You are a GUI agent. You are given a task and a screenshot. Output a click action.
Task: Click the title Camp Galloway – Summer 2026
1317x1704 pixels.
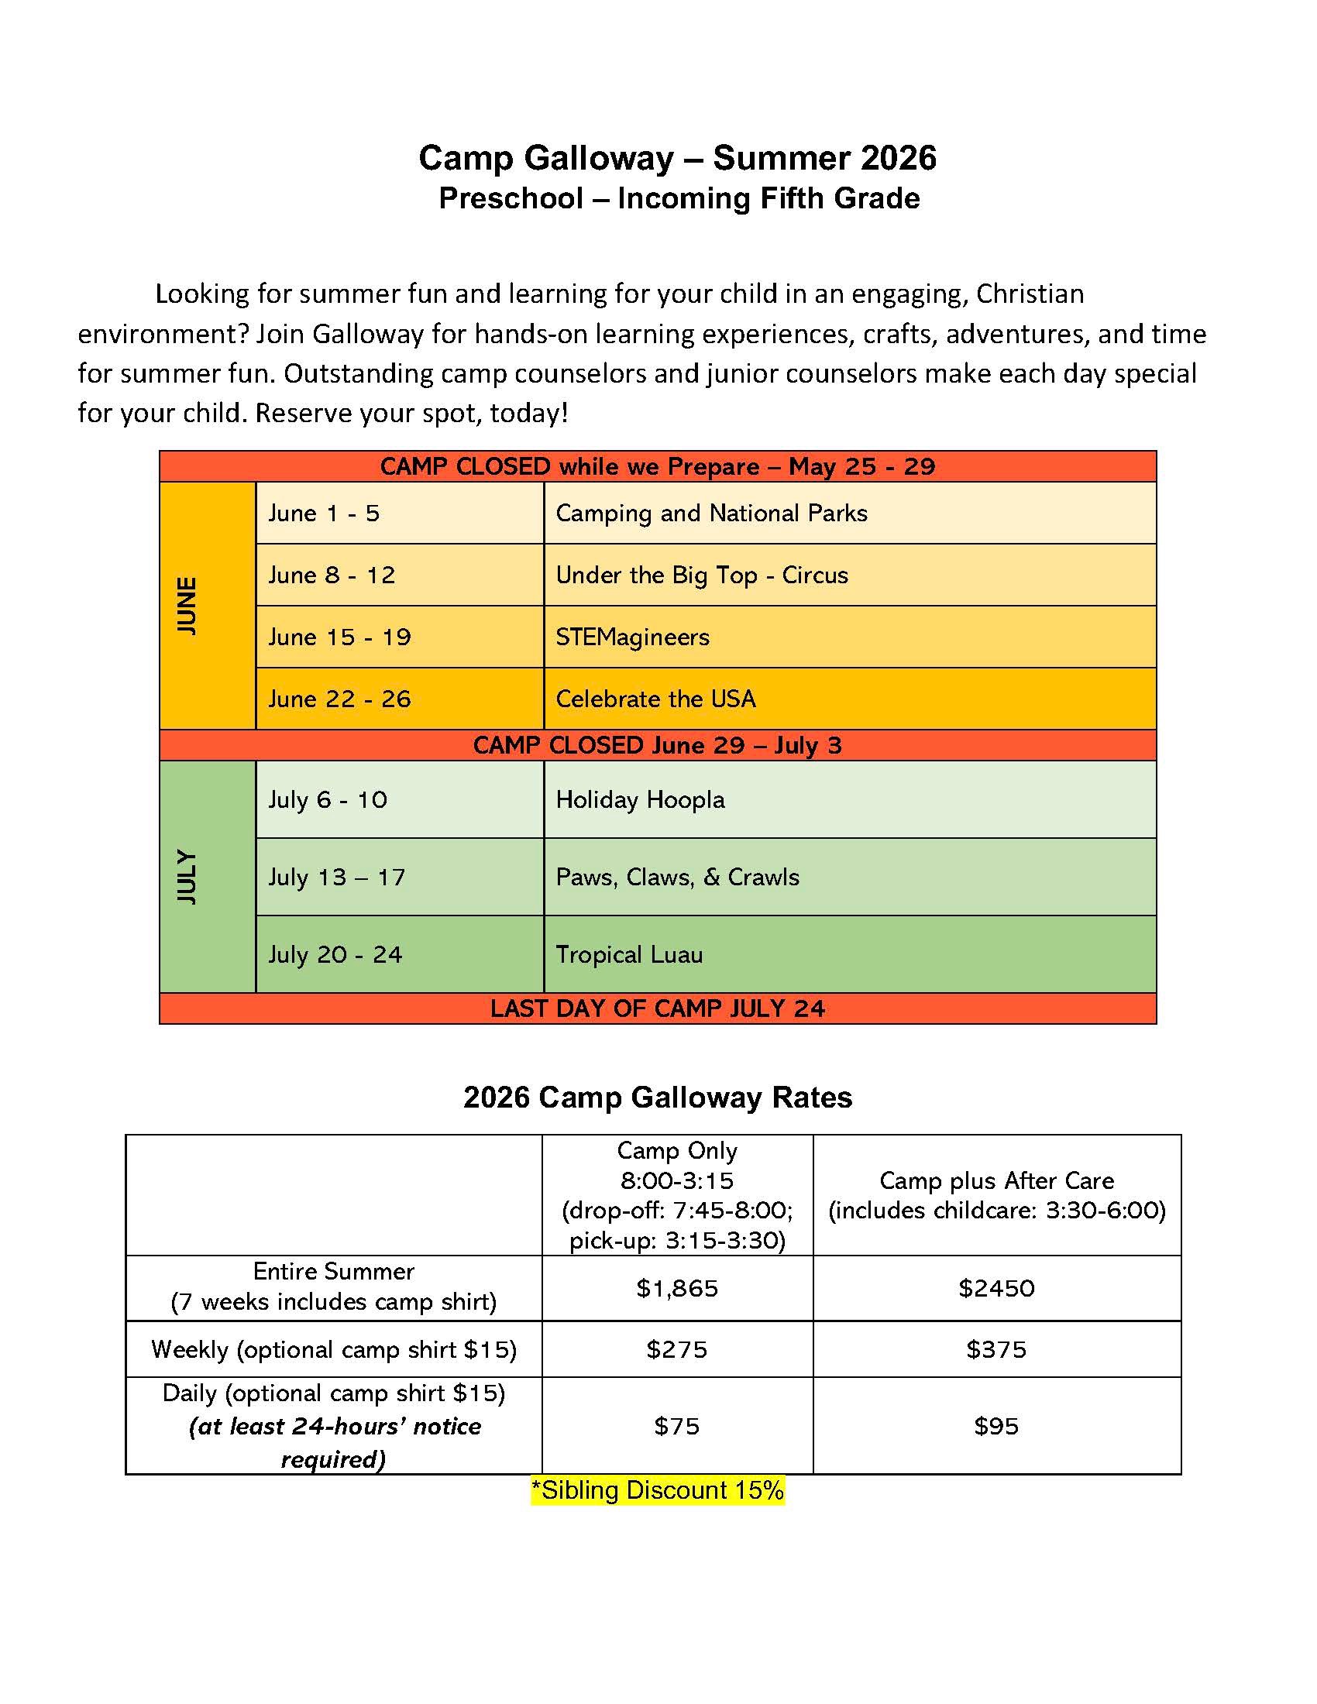click(677, 158)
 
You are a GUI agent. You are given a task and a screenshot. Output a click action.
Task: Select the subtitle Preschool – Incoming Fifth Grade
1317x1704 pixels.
click(679, 198)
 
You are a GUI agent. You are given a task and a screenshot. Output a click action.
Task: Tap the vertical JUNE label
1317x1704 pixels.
click(187, 606)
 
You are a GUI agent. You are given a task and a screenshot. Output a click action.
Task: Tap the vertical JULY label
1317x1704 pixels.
click(187, 876)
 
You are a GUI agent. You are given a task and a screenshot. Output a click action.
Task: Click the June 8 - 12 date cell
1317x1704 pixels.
click(332, 575)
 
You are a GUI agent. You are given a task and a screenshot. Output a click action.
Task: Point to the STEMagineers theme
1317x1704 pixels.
click(633, 637)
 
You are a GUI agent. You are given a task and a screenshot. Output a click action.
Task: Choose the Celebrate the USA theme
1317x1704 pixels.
click(655, 699)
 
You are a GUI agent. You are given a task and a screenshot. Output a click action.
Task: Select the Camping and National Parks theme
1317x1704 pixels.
click(711, 513)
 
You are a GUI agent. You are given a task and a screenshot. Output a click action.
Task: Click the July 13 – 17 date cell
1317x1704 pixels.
click(337, 877)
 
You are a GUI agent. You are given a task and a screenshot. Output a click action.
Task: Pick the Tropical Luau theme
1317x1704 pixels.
click(629, 954)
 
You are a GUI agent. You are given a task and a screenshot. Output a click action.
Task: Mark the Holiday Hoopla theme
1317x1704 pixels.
click(640, 800)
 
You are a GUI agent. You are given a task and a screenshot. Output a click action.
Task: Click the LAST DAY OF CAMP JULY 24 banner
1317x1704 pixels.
click(657, 1008)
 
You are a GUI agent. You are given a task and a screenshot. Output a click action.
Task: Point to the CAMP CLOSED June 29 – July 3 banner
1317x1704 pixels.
click(657, 745)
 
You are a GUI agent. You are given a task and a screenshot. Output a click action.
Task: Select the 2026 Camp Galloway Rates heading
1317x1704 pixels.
click(658, 1097)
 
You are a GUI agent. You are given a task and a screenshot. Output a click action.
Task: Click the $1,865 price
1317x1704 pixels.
click(676, 1287)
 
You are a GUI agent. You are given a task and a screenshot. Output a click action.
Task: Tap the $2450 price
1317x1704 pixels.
click(996, 1287)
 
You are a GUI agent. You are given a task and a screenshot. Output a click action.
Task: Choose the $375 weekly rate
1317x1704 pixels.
click(996, 1349)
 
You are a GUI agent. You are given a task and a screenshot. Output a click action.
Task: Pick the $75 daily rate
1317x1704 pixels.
click(676, 1426)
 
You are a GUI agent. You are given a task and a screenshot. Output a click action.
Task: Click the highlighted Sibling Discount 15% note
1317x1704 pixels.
click(657, 1489)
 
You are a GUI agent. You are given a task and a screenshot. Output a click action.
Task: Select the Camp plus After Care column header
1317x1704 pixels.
click(996, 1195)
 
